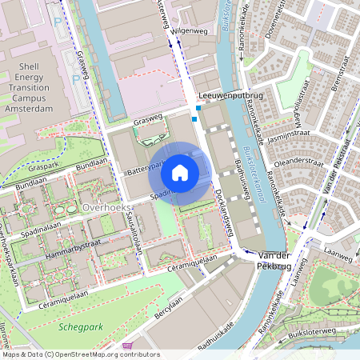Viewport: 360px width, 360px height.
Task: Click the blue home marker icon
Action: pos(180,173)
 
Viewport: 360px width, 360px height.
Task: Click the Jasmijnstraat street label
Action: pos(289,138)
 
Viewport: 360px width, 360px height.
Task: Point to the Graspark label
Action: pos(23,169)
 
